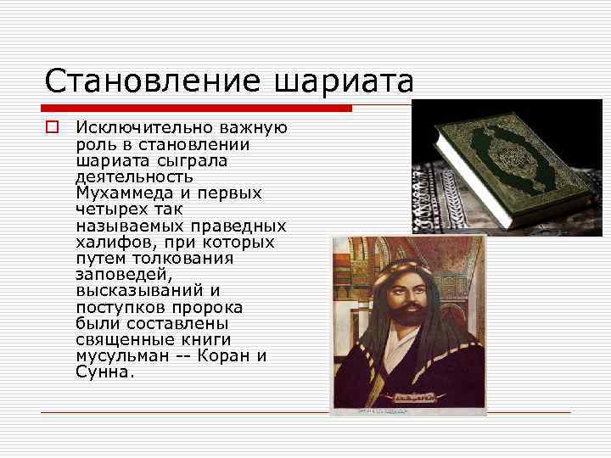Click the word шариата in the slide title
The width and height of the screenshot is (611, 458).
344,83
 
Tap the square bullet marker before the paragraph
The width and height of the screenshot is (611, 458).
52,128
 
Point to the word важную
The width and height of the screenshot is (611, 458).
252,128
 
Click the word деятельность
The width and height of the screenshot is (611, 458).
133,177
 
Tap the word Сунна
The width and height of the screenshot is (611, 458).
104,372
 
